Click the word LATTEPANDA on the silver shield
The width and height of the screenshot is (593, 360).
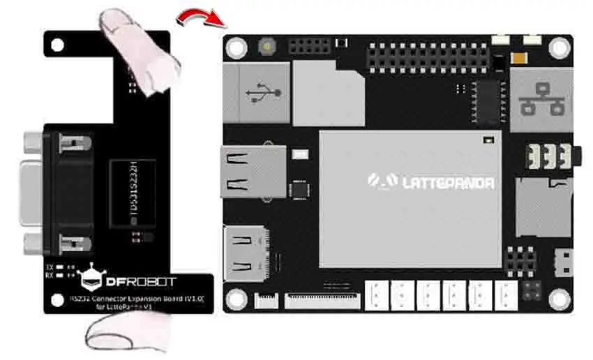coord(447,183)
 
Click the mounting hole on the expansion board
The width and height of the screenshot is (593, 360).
coord(55,43)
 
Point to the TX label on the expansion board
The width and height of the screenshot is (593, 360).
coord(49,267)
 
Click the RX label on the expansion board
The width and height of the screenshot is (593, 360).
coord(49,274)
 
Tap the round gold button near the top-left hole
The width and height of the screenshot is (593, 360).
coord(267,47)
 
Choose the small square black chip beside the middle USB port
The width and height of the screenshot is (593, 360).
coord(299,188)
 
